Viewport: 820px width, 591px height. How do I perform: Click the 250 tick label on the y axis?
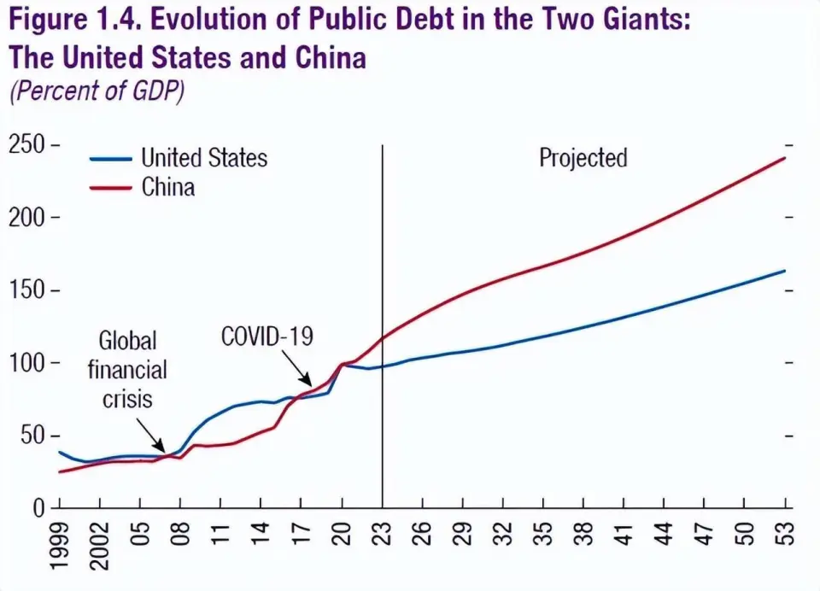tap(27, 145)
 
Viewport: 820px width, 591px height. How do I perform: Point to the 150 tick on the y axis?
tap(27, 290)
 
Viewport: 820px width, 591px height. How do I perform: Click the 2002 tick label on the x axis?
tap(100, 547)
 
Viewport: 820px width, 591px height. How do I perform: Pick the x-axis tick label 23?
tap(383, 535)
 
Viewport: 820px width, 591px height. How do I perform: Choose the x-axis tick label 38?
tap(584, 535)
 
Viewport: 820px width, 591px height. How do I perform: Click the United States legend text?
tap(204, 158)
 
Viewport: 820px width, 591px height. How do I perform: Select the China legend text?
tap(168, 186)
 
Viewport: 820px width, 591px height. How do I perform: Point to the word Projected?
tap(583, 158)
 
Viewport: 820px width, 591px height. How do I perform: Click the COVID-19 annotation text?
tap(267, 336)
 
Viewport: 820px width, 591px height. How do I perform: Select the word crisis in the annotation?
tap(127, 399)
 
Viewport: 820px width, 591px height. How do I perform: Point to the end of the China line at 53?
tap(785, 157)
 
